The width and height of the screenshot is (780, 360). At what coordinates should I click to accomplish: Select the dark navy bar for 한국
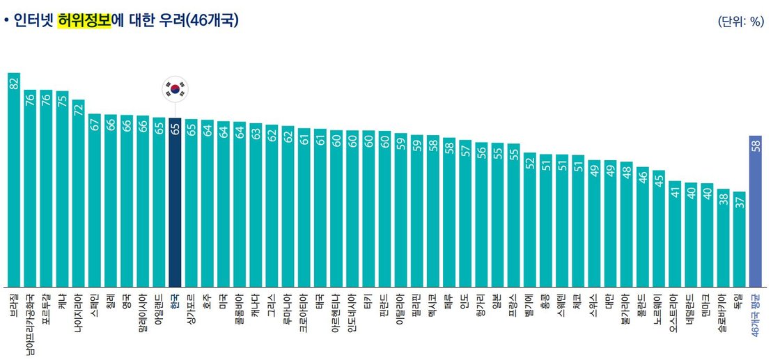pyautogui.click(x=175, y=202)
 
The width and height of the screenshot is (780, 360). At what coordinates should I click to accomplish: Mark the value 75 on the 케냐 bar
pyautogui.click(x=63, y=100)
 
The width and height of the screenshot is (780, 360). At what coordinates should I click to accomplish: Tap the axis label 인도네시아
pyautogui.click(x=352, y=313)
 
